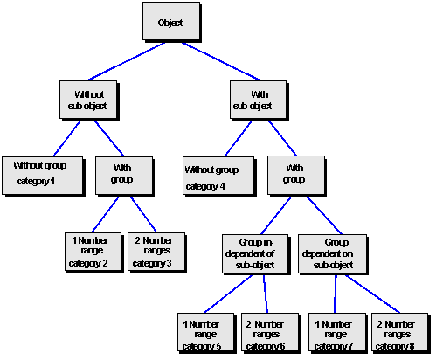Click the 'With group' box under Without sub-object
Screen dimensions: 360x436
122,174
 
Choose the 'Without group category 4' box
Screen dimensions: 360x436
211,177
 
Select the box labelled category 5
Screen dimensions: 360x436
203,334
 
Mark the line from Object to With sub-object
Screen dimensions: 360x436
213,60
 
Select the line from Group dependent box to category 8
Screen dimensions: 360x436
364,293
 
